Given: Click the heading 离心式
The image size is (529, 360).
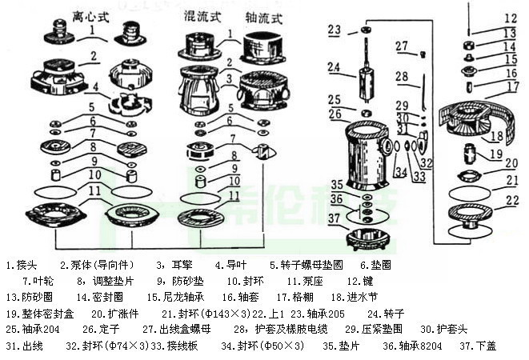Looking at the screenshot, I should tap(90, 15).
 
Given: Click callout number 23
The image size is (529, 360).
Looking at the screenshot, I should tap(335, 30).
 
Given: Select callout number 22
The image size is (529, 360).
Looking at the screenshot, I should tap(511, 200).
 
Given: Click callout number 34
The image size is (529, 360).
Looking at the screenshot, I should tap(399, 172).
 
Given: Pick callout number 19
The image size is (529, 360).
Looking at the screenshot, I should tap(496, 154).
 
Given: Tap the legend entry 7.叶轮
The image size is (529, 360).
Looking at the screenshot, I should tap(38, 280).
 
